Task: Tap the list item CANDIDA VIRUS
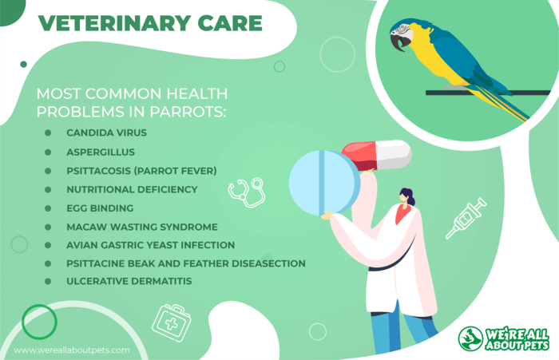click(x=106, y=133)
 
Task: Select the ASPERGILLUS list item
click(x=101, y=152)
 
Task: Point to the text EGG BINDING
click(x=100, y=208)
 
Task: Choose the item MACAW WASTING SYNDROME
click(x=142, y=227)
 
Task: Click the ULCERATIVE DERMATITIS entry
click(x=129, y=281)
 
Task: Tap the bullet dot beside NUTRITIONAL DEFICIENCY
click(x=48, y=190)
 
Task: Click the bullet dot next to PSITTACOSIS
click(x=48, y=171)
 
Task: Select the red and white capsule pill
click(x=376, y=155)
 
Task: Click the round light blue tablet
click(x=324, y=184)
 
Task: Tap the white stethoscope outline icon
click(x=247, y=193)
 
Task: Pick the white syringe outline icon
click(x=466, y=218)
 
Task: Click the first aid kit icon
click(x=172, y=323)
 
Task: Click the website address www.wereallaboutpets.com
click(x=72, y=350)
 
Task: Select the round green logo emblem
click(x=470, y=338)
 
